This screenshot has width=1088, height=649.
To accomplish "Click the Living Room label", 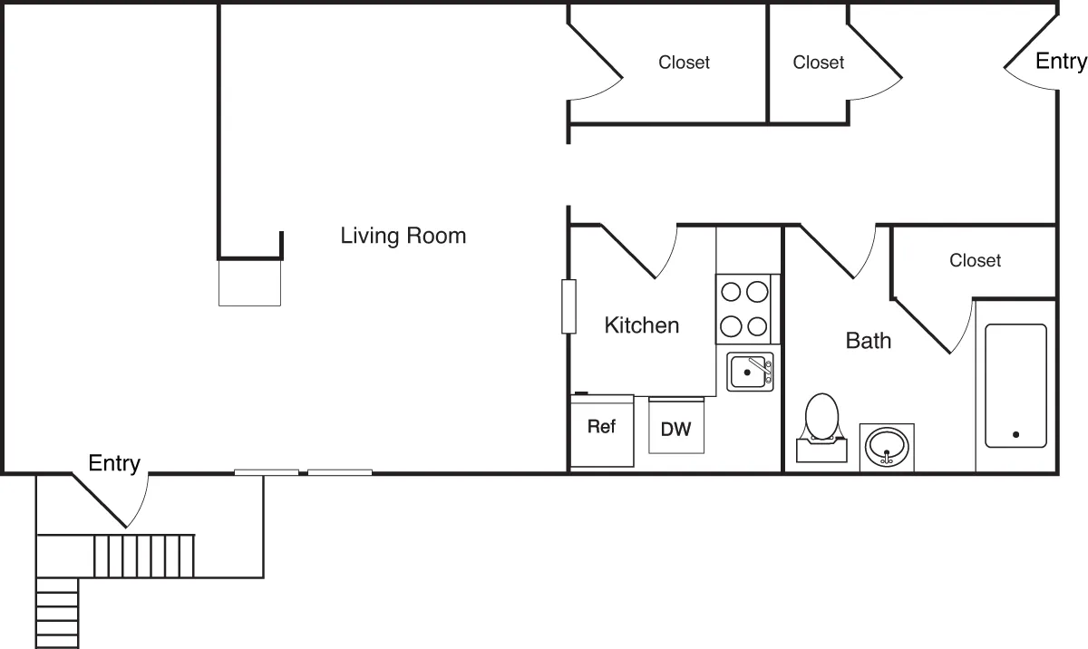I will pyautogui.click(x=403, y=237).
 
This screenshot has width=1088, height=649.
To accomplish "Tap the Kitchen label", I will pyautogui.click(x=641, y=325).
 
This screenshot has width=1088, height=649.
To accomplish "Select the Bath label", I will pyautogui.click(x=868, y=341).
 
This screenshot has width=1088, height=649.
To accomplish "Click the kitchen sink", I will pyautogui.click(x=750, y=372).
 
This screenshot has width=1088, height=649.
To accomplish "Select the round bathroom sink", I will pyautogui.click(x=886, y=447).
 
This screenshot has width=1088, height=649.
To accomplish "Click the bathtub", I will pyautogui.click(x=1015, y=385).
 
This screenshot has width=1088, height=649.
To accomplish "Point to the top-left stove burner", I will pyautogui.click(x=731, y=292).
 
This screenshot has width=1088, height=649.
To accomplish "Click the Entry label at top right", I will pyautogui.click(x=1060, y=62).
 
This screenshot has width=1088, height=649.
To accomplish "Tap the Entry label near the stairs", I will pyautogui.click(x=114, y=464).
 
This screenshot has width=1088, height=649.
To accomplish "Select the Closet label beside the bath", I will pyautogui.click(x=975, y=261).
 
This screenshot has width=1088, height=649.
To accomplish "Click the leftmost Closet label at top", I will pyautogui.click(x=684, y=63).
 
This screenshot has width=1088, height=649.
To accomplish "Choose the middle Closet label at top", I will pyautogui.click(x=818, y=63).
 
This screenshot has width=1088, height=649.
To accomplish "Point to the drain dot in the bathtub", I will pyautogui.click(x=1015, y=435).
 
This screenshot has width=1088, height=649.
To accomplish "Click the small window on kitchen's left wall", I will pyautogui.click(x=568, y=306).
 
